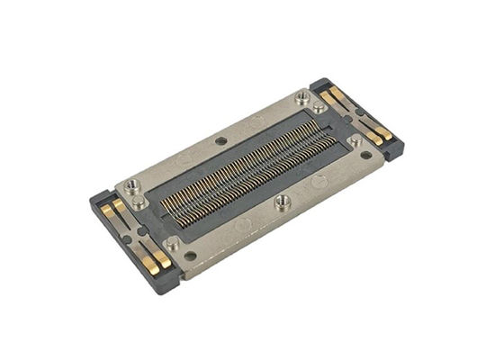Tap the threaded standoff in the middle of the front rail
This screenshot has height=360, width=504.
(x=283, y=200)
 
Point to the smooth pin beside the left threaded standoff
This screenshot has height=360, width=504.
(x=141, y=203)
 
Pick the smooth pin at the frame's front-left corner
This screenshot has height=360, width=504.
(x=172, y=242)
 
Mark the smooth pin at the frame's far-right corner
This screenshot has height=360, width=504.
(x=356, y=140)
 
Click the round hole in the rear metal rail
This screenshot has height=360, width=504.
(x=221, y=139)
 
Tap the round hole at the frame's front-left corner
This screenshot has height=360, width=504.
(x=191, y=256)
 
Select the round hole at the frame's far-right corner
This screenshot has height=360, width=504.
(x=366, y=154)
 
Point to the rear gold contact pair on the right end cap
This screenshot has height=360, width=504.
(x=335, y=95)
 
